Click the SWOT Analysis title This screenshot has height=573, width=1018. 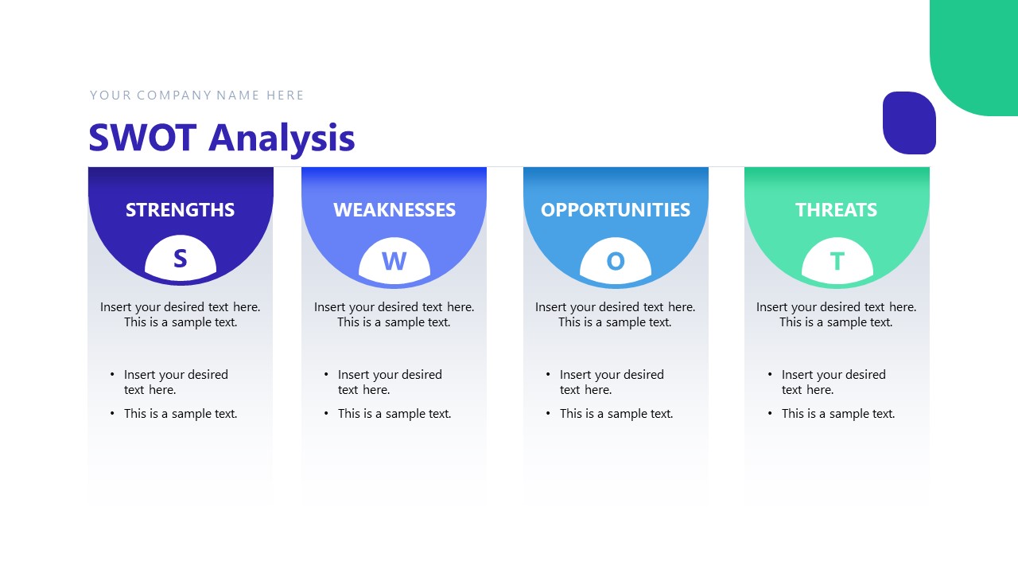pyautogui.click(x=221, y=138)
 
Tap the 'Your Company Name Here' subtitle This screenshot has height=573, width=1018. pyautogui.click(x=196, y=95)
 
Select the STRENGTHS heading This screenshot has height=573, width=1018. pyautogui.click(x=180, y=210)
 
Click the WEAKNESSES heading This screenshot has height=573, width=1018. pyautogui.click(x=394, y=210)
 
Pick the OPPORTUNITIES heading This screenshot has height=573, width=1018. pyautogui.click(x=615, y=210)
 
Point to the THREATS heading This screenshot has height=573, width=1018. pyautogui.click(x=836, y=210)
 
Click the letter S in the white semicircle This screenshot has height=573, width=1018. pyautogui.click(x=180, y=259)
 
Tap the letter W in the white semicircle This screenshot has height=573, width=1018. pyautogui.click(x=394, y=261)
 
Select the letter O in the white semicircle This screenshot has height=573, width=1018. pyautogui.click(x=615, y=261)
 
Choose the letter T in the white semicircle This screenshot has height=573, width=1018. pyautogui.click(x=837, y=261)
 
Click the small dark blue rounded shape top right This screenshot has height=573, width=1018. pyautogui.click(x=909, y=123)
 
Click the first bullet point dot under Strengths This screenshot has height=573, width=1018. pyautogui.click(x=112, y=375)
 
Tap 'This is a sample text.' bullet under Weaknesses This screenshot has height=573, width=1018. pyautogui.click(x=394, y=414)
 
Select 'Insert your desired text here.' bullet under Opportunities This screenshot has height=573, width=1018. pyautogui.click(x=611, y=382)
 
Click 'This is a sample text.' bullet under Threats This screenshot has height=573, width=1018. pyautogui.click(x=837, y=414)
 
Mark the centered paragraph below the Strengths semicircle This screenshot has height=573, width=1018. pyautogui.click(x=180, y=314)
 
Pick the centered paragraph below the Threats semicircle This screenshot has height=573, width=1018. pyautogui.click(x=836, y=314)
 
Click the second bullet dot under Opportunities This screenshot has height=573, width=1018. pyautogui.click(x=548, y=414)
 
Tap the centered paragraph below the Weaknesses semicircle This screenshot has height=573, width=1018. pyautogui.click(x=394, y=314)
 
